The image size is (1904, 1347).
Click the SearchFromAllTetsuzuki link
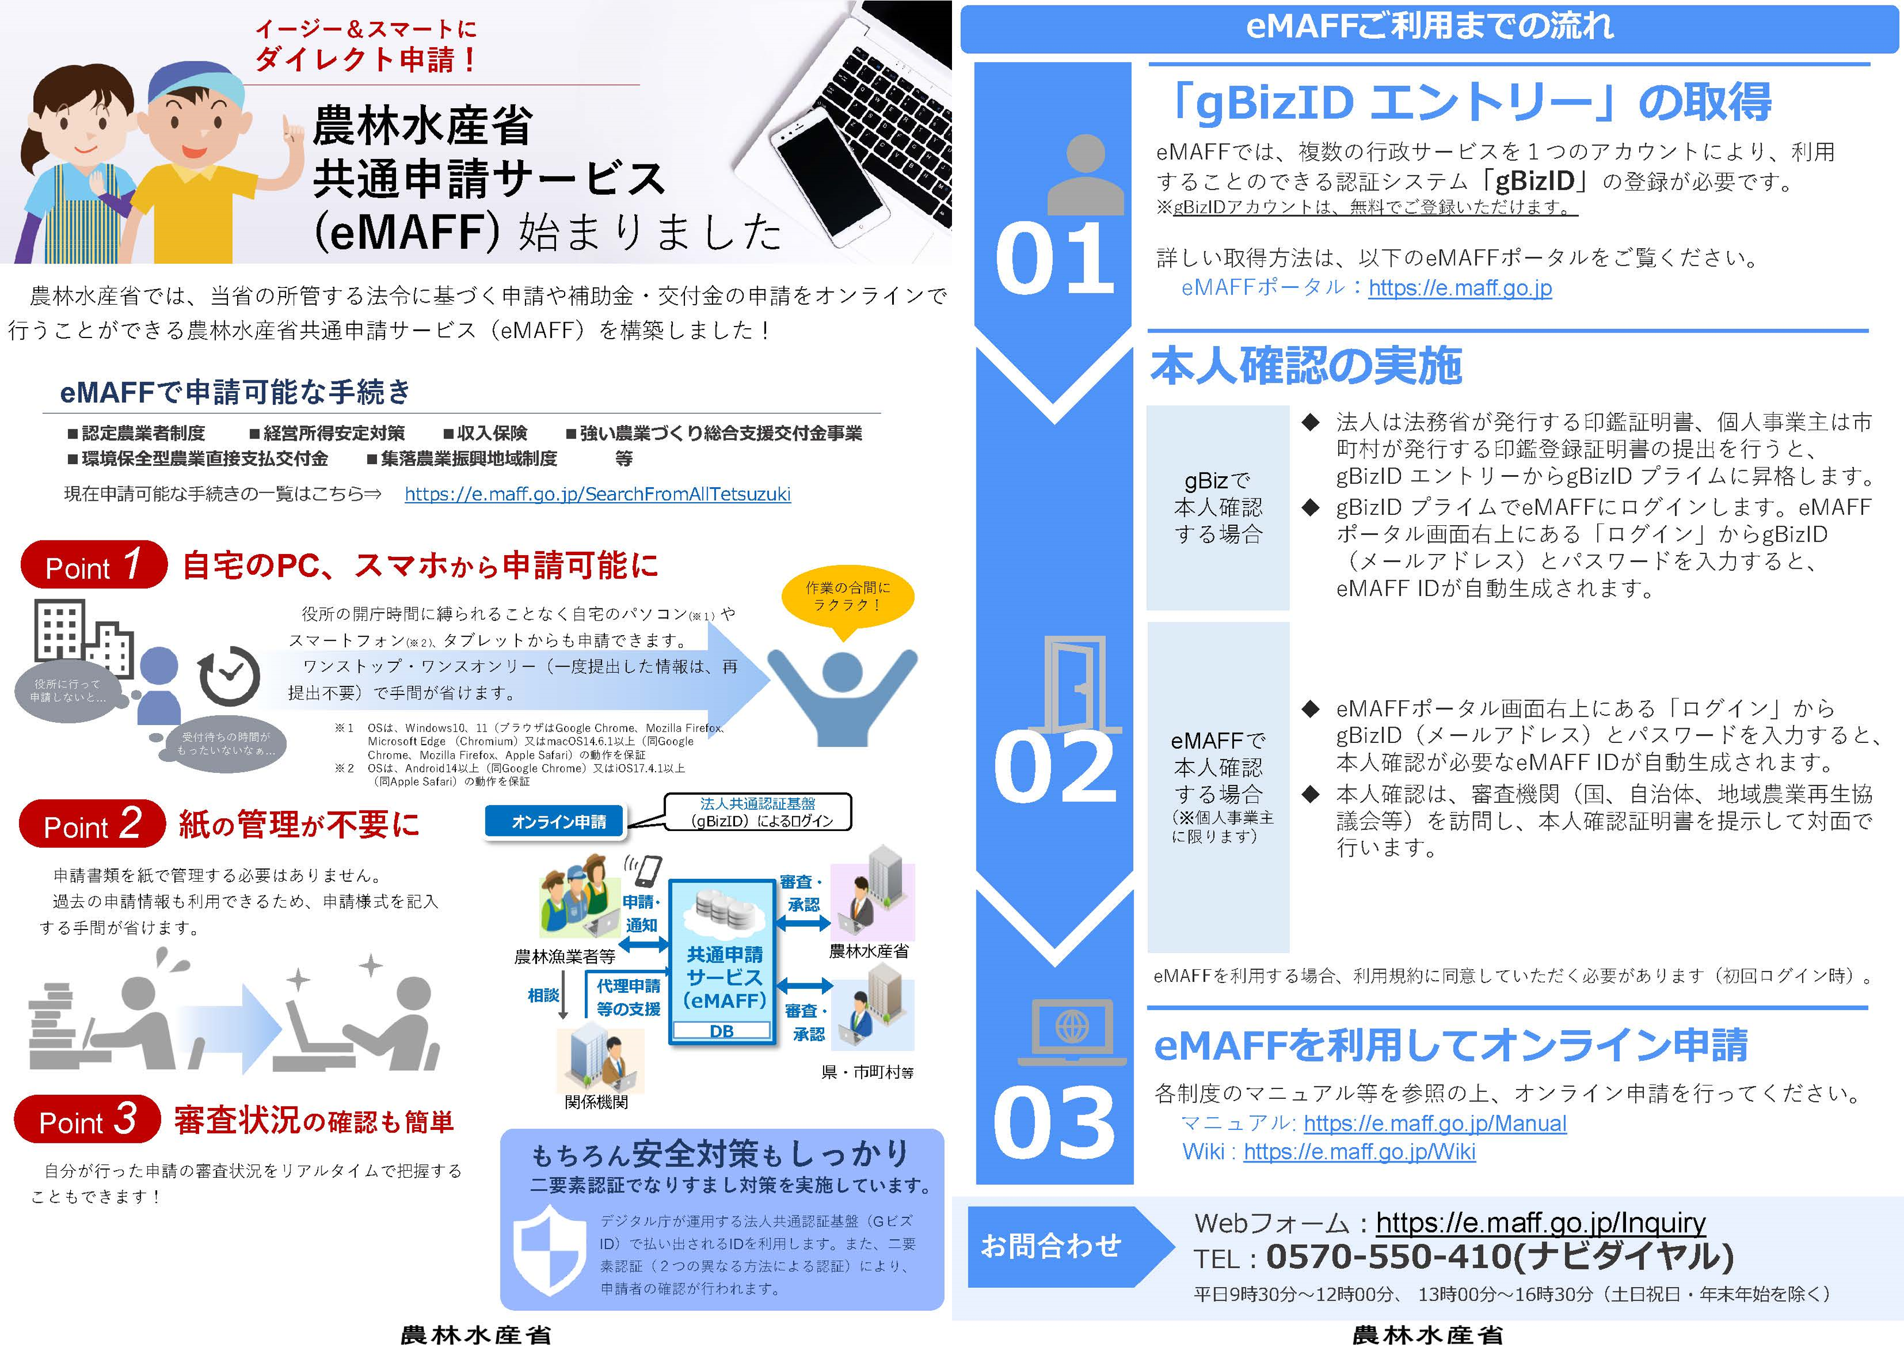(597, 494)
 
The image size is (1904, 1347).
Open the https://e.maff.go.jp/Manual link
(1435, 1124)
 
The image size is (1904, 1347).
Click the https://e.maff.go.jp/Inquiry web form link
(1540, 1222)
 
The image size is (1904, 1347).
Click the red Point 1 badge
(94, 565)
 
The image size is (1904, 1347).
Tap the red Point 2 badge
(92, 825)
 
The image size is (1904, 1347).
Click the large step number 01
(1054, 260)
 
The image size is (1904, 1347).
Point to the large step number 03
(1054, 1124)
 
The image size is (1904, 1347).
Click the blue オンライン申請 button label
(559, 822)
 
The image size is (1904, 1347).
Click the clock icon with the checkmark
(229, 676)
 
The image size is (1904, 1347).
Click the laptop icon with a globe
(1072, 1031)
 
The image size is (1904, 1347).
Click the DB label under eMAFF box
(721, 1031)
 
